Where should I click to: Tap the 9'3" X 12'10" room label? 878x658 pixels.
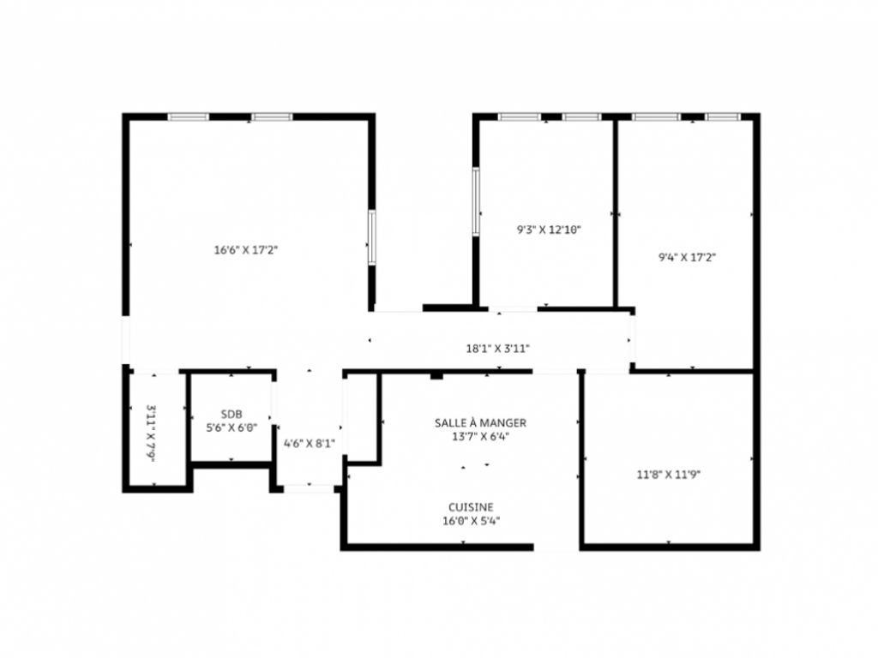pos(549,230)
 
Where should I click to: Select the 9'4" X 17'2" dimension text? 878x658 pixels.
pos(687,256)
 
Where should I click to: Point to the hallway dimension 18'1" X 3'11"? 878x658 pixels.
pos(497,349)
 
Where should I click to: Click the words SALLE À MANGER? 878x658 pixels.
pos(480,422)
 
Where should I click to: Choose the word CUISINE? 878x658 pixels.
pos(471,506)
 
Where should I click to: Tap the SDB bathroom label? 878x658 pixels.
pos(232,414)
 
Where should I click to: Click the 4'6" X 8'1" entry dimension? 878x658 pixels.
pos(309,443)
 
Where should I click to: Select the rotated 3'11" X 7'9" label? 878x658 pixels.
pos(151,434)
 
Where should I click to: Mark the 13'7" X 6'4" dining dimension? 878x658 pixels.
pos(480,436)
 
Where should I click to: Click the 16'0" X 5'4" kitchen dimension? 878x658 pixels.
pos(471,520)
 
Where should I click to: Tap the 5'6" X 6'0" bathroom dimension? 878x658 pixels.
pos(232,428)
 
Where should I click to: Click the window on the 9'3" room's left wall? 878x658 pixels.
pos(476,200)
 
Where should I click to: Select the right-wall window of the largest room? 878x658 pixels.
pos(372,237)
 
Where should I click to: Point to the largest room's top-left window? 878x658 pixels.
pos(189,117)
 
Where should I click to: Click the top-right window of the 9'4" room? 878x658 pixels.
pos(723,117)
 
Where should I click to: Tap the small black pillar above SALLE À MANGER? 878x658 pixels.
pos(436,374)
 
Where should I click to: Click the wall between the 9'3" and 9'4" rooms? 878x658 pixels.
pos(615,212)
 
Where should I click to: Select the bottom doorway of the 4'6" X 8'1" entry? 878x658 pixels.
pos(309,488)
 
